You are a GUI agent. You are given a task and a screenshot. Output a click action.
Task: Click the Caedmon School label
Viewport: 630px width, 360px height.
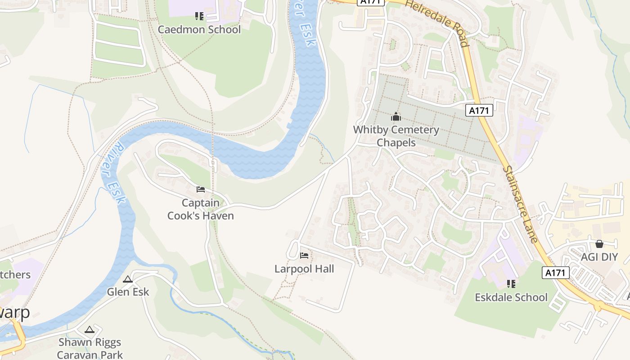pyautogui.click(x=199, y=30)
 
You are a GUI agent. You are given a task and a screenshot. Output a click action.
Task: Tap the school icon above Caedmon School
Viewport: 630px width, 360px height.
pyautogui.click(x=199, y=17)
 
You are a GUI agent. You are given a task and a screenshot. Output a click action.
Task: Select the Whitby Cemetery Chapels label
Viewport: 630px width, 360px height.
pyautogui.click(x=396, y=136)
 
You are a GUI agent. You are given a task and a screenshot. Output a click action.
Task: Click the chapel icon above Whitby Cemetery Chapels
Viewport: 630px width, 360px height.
pyautogui.click(x=396, y=117)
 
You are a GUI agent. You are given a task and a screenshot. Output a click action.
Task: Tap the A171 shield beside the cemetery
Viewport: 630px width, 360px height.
pyautogui.click(x=479, y=110)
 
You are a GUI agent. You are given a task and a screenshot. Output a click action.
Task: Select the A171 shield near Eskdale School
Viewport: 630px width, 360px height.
pyautogui.click(x=556, y=273)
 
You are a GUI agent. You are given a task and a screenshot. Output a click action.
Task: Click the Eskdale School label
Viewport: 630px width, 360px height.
pyautogui.click(x=511, y=297)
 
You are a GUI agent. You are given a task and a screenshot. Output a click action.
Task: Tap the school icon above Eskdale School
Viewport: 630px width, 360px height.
pyautogui.click(x=511, y=284)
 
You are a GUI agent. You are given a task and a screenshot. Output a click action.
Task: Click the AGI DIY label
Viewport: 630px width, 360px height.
pyautogui.click(x=599, y=257)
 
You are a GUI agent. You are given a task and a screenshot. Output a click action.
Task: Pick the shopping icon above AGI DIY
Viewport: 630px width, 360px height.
pyautogui.click(x=599, y=244)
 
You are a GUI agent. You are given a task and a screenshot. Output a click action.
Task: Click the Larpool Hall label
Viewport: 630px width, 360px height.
pyautogui.click(x=304, y=269)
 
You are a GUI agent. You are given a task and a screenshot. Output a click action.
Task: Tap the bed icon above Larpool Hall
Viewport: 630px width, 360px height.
pyautogui.click(x=304, y=256)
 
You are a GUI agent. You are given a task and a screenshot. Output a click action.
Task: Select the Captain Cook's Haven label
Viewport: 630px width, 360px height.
pyautogui.click(x=201, y=209)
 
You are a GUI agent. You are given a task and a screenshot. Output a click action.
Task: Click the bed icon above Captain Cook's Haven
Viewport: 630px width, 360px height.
pyautogui.click(x=201, y=189)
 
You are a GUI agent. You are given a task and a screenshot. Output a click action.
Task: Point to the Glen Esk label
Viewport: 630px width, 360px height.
pyautogui.click(x=128, y=292)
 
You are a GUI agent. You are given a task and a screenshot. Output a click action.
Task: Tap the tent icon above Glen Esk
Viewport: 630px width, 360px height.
pyautogui.click(x=128, y=279)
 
